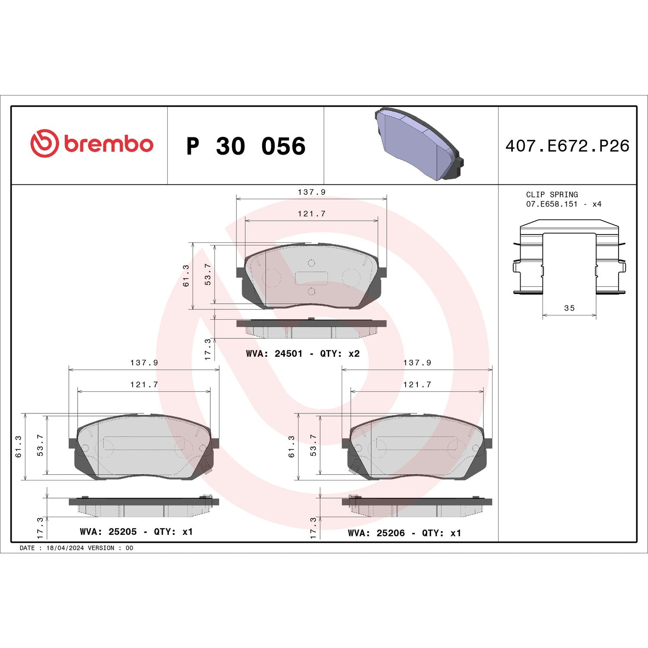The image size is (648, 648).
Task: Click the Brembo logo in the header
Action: click(92, 144)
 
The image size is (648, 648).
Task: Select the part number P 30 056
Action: click(245, 146)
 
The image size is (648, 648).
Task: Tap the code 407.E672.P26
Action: click(567, 146)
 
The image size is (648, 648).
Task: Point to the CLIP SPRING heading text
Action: click(552, 194)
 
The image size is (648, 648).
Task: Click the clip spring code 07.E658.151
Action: click(552, 204)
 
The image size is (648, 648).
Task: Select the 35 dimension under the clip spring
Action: click(569, 308)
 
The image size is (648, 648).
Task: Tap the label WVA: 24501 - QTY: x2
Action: click(302, 353)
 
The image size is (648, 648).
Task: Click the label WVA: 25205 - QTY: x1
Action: click(136, 531)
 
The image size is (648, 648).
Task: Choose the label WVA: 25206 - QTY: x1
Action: click(404, 533)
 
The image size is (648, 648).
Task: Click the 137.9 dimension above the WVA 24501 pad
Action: click(311, 192)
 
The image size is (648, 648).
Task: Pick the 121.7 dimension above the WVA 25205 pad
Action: click(144, 384)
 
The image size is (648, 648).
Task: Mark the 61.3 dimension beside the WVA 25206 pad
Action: click(292, 447)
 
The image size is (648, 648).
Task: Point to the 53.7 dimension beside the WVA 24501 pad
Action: click(208, 274)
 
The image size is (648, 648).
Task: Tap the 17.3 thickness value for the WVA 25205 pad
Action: click(40, 528)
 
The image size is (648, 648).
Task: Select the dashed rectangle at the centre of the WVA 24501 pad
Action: click(311, 278)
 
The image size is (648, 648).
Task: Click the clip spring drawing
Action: click(569, 259)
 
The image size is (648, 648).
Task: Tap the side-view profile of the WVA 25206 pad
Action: click(417, 507)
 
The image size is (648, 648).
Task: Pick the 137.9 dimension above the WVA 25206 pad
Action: click(417, 363)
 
